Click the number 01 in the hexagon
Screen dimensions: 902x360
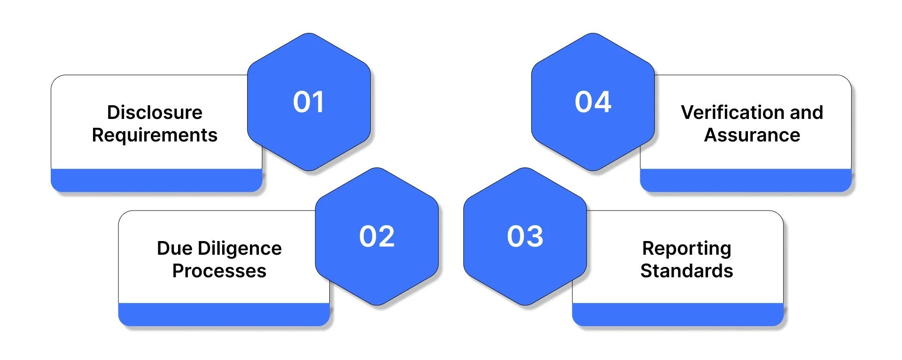(308, 102)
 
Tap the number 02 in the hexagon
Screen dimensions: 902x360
(377, 236)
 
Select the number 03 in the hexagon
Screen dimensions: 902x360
(525, 236)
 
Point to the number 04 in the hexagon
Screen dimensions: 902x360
(593, 102)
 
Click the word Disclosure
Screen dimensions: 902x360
(155, 112)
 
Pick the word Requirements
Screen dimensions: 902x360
(155, 135)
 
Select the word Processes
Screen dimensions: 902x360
(219, 271)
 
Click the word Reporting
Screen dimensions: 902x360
(686, 249)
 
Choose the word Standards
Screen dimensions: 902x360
(686, 271)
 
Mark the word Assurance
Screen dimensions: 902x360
(752, 135)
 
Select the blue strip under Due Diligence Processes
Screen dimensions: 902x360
(224, 314)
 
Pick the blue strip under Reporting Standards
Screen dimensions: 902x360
(677, 314)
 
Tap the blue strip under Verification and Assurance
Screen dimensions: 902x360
(746, 180)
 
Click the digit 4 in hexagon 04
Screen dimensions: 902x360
(603, 102)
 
